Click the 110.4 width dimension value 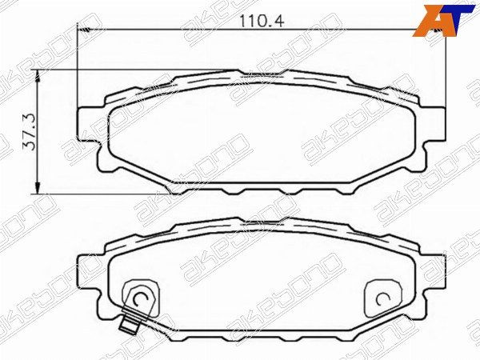click(262, 21)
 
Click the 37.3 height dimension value click(30, 132)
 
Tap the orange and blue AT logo click(443, 21)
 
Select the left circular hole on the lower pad click(141, 298)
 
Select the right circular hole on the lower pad click(382, 299)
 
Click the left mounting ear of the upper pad click(89, 124)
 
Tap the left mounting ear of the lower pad click(89, 272)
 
